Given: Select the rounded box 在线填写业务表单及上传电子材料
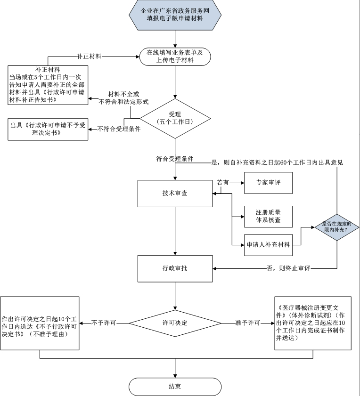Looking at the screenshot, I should [175, 57].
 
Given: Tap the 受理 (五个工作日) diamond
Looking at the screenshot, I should [175, 118].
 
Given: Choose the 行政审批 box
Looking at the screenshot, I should [175, 268].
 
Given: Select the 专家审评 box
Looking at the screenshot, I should [268, 182].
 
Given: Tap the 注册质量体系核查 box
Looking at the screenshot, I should [268, 216].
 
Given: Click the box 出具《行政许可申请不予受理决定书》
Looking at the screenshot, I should [49, 129].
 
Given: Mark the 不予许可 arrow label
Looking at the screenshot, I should [104, 323].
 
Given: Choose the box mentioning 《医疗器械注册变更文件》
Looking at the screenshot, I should [313, 323].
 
